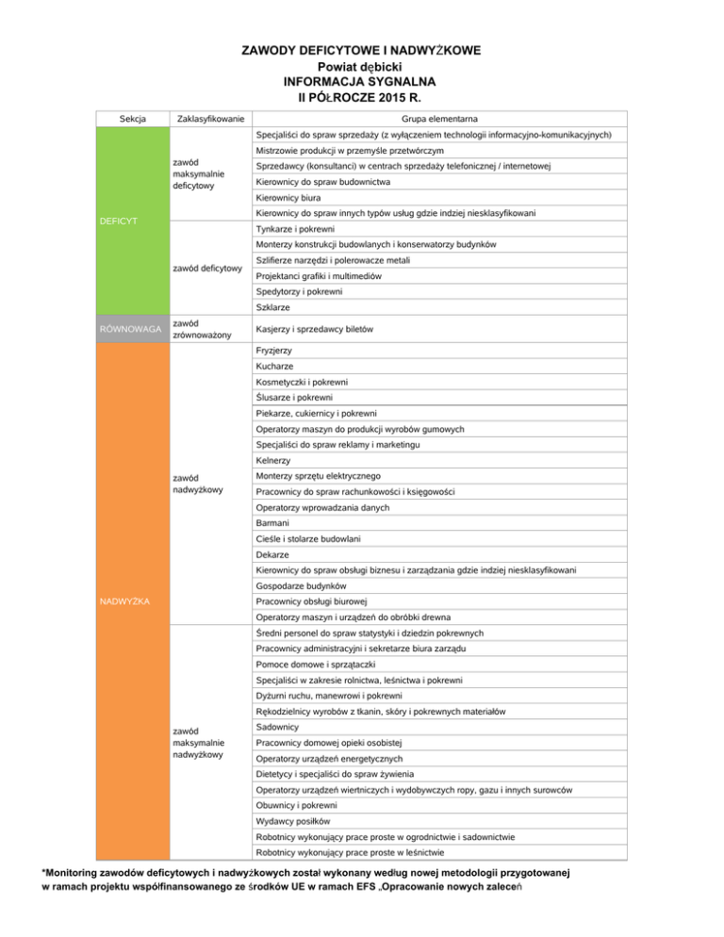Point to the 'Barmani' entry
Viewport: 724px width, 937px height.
(272, 522)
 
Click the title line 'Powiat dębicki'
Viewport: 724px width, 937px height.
(362, 66)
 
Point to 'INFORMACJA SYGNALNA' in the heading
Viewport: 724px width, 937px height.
(362, 81)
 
